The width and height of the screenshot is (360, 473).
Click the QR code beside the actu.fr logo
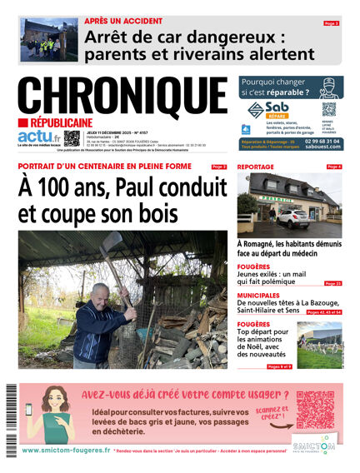(x=72, y=138)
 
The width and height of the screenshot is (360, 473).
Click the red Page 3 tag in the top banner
(x=332, y=23)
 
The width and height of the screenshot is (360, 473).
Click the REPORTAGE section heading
(x=256, y=167)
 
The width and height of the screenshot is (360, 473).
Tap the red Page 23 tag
(x=332, y=283)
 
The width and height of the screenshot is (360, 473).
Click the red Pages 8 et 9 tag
(x=280, y=366)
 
